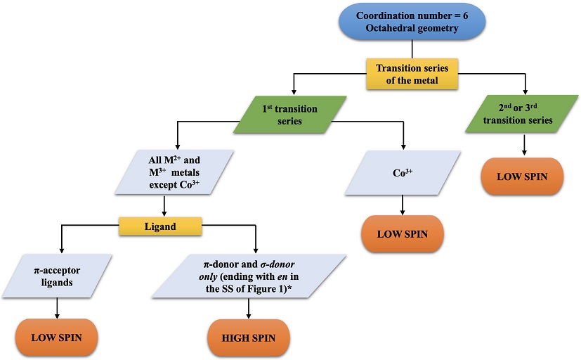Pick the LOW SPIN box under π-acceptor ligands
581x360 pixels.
pyautogui.click(x=56, y=337)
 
